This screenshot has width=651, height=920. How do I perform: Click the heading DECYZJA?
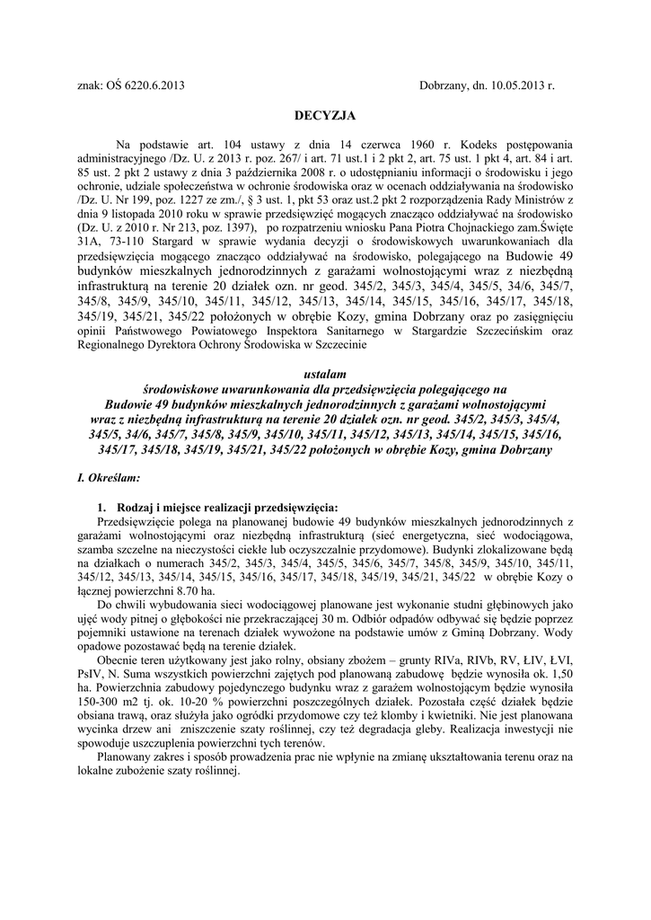pos(325,116)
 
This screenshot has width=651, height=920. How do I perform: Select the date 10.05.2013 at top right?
pos(517,86)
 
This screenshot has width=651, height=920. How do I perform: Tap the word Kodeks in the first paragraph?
pos(477,144)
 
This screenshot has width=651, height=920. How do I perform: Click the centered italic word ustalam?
pos(325,373)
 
